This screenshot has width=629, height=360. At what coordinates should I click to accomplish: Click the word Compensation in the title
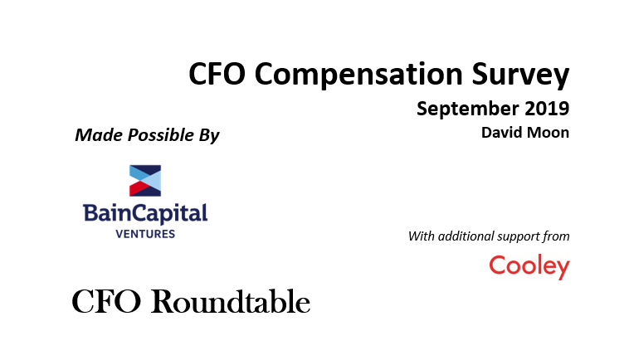pos(358,75)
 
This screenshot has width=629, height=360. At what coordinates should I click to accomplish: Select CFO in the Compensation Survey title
pos(217,74)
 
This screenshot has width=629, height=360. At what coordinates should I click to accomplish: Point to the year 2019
pos(547,108)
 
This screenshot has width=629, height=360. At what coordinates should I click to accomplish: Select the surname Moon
pos(551,133)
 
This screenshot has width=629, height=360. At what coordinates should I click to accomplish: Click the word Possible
pos(160,135)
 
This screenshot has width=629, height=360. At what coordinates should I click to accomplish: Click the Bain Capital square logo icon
pos(145,180)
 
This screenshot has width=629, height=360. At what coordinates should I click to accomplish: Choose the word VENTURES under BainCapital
pos(145,234)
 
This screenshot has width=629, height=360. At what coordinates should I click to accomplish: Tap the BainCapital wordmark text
pos(145,213)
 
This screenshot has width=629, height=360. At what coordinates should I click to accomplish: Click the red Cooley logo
pos(529,266)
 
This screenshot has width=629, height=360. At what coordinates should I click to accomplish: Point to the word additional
pos(466,236)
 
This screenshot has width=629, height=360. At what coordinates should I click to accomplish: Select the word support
pos(519,237)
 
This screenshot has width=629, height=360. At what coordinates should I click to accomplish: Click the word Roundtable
pos(231,301)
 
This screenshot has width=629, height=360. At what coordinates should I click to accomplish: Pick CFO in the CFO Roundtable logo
pos(106,301)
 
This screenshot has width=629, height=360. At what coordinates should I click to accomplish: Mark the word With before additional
pos(422,236)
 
